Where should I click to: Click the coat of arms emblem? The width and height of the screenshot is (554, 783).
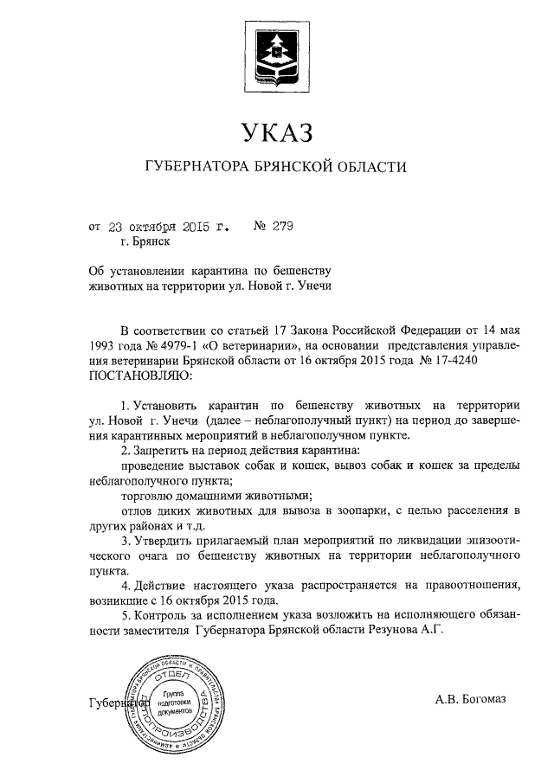276,55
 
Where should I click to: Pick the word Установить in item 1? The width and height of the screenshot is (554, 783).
168,405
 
